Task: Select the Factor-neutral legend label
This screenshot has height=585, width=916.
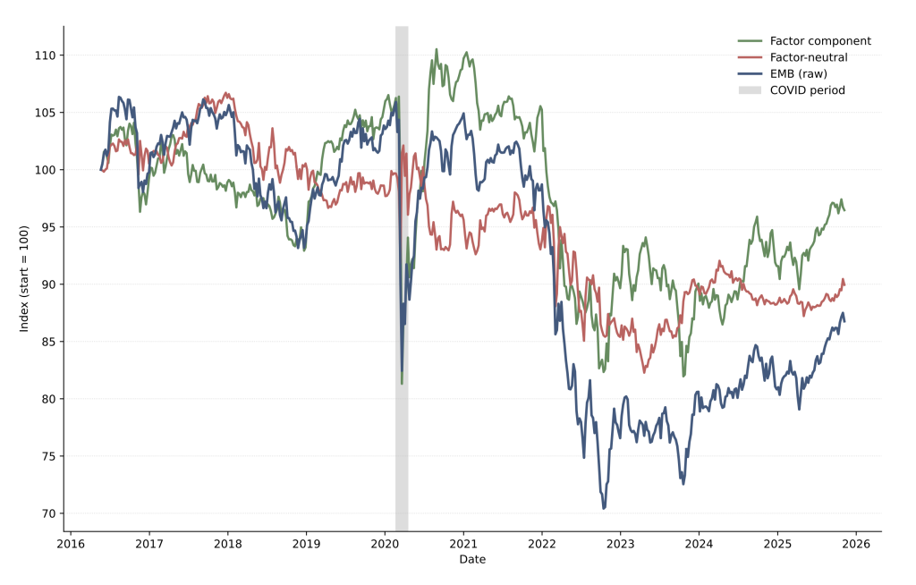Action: click(x=809, y=57)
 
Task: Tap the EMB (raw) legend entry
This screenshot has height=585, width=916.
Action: click(x=799, y=73)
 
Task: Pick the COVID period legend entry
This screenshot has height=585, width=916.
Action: click(x=807, y=90)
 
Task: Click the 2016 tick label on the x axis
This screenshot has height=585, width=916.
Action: click(x=71, y=543)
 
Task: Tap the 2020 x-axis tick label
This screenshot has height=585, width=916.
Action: click(x=385, y=543)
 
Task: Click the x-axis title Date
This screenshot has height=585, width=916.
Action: click(x=472, y=559)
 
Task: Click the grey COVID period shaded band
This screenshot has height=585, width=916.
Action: click(x=402, y=268)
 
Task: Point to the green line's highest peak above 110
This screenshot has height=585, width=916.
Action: click(x=437, y=49)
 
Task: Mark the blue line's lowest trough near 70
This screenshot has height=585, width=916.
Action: click(x=604, y=508)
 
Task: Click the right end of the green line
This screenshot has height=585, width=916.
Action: click(x=844, y=210)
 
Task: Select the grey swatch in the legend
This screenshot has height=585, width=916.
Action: click(x=750, y=90)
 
